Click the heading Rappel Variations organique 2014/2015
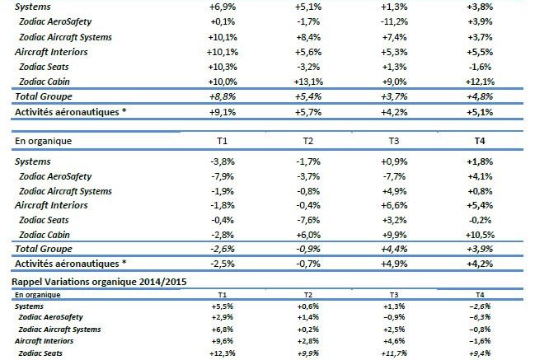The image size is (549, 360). tap(90, 283)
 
